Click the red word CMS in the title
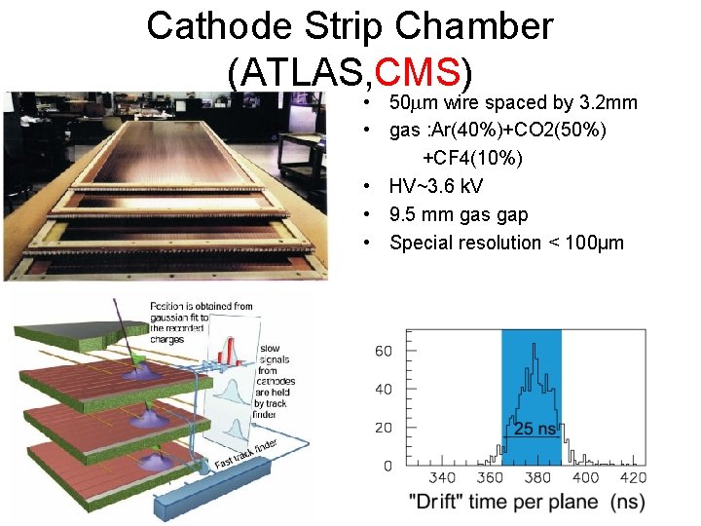tap(417, 71)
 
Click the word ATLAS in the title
tap(299, 71)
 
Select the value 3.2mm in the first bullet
tap(608, 103)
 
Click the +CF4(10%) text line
tap(472, 158)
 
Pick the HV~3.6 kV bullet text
tap(436, 186)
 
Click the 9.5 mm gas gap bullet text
tap(459, 214)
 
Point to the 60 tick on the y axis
tap(384, 351)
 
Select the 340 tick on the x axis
tap(442, 478)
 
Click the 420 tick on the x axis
tap(632, 478)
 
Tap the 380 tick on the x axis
tap(536, 478)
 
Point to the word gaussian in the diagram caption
tap(172, 318)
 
